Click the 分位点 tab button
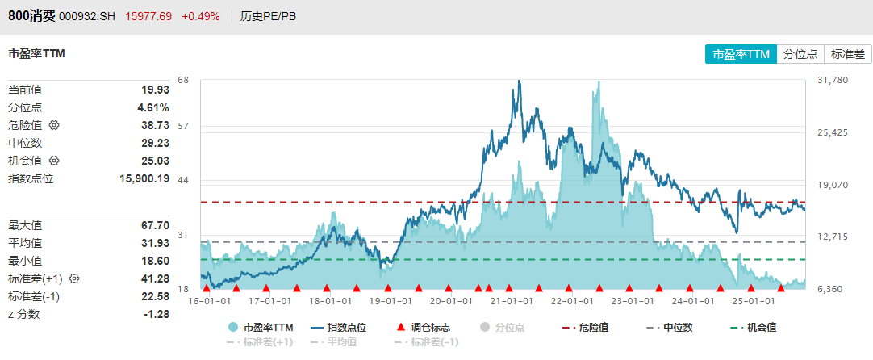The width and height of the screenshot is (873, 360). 801,54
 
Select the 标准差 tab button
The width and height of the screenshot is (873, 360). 847,54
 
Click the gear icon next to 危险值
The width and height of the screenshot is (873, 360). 54,125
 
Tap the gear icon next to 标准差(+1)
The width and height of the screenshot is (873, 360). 74,278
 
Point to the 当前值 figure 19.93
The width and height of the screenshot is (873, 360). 155,90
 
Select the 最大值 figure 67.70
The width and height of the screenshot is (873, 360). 155,225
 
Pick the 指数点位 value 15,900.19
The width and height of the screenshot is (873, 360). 144,178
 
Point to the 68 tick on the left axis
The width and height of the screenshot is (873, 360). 183,80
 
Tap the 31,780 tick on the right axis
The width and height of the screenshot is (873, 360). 833,80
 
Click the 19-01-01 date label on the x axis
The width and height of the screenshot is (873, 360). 390,301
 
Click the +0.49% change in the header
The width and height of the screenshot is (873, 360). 200,16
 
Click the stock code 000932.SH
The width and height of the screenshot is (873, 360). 88,16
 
